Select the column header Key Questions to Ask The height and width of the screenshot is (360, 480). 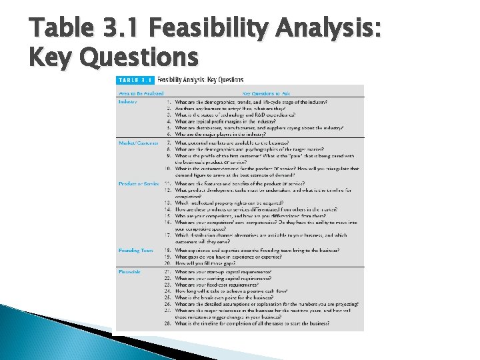tap(267, 93)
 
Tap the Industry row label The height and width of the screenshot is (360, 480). tap(127, 101)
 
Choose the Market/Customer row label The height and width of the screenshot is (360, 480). tap(139, 143)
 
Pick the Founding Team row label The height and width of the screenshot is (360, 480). tap(135, 250)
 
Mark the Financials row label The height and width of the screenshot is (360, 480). tap(129, 271)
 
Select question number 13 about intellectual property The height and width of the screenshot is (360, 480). tap(168, 202)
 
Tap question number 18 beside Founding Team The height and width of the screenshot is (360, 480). tap(168, 250)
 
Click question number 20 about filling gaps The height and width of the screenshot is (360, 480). tap(168, 263)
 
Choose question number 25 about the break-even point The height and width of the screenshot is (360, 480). tap(168, 297)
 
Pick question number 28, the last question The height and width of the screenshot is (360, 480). tap(168, 323)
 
